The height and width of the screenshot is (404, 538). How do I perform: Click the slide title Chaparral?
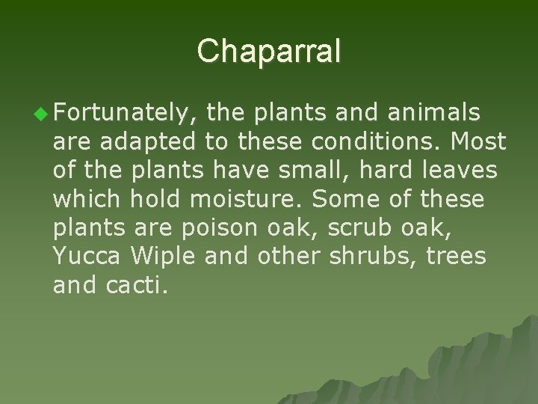(269, 51)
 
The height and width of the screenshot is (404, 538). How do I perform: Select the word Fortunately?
(126, 114)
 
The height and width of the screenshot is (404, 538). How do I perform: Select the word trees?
(457, 257)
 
